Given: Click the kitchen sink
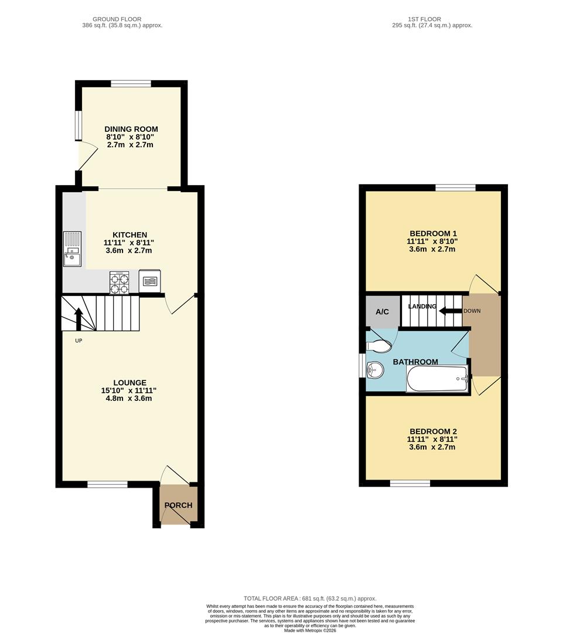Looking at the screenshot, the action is [72, 249].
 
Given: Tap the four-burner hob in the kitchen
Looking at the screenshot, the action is [119, 282].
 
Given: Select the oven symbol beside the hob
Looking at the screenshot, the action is [149, 281].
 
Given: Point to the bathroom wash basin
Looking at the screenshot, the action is [375, 370].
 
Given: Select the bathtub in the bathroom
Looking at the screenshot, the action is [438, 379].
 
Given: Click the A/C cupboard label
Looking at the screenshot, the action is [382, 312].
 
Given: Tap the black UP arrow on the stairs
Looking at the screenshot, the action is [79, 319].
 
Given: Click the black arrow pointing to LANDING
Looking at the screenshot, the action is [450, 311].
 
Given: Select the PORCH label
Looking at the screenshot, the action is [178, 505].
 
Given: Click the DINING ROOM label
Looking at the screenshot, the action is [131, 129].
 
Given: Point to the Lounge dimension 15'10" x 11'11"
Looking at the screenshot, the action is [129, 390].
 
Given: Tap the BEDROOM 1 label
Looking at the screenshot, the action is [433, 233].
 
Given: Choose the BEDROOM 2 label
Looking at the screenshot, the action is [433, 431].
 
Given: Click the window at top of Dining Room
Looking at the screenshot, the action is [131, 84].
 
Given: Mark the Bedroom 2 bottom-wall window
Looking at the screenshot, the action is [410, 483].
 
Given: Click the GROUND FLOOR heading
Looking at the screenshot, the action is [117, 19].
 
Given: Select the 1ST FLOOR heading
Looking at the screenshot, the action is [425, 19].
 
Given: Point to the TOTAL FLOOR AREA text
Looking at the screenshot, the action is [310, 598].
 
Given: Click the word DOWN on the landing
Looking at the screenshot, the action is [472, 311].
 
